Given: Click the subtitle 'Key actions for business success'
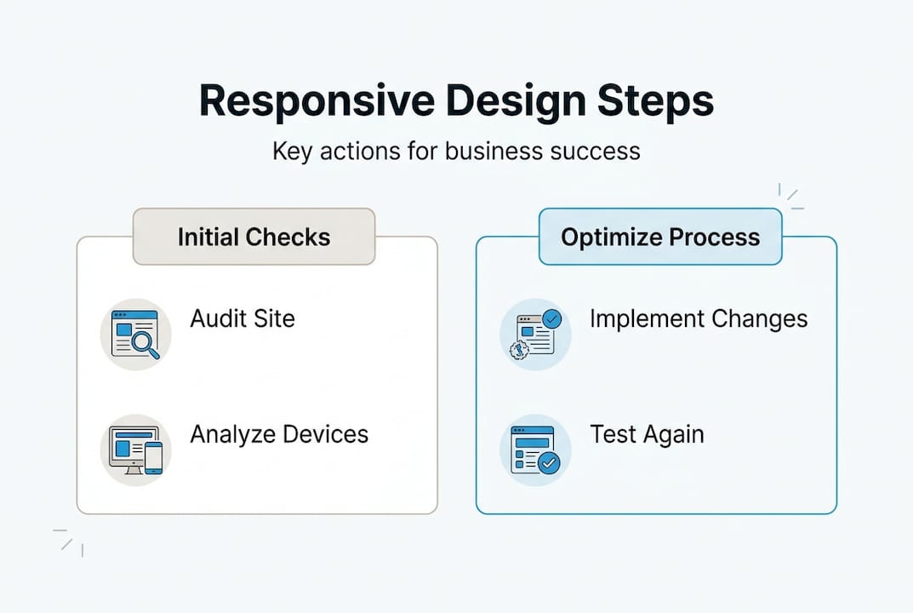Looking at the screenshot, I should pyautogui.click(x=456, y=152).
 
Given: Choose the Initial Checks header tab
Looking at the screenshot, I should pyautogui.click(x=254, y=237).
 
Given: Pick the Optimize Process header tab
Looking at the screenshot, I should pyautogui.click(x=660, y=237).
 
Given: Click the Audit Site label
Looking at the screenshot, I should pyautogui.click(x=243, y=319).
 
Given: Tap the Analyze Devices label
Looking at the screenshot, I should pyautogui.click(x=279, y=434).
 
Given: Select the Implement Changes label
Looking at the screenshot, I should pyautogui.click(x=699, y=319).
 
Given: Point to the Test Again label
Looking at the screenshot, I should pyautogui.click(x=647, y=434).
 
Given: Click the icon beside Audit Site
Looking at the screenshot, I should pyautogui.click(x=136, y=334).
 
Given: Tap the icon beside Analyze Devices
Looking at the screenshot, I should pyautogui.click(x=136, y=450).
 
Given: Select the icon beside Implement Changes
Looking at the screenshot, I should pyautogui.click(x=535, y=334).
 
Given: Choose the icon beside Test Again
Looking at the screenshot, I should pyautogui.click(x=535, y=450).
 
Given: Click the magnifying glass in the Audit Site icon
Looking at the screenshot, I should pyautogui.click(x=147, y=345).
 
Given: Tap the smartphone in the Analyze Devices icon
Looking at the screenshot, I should pyautogui.click(x=153, y=458).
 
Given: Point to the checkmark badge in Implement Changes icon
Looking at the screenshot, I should pyautogui.click(x=552, y=319).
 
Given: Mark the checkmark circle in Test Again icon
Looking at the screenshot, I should pyautogui.click(x=549, y=463).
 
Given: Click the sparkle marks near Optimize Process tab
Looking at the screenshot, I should pyautogui.click(x=791, y=197).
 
